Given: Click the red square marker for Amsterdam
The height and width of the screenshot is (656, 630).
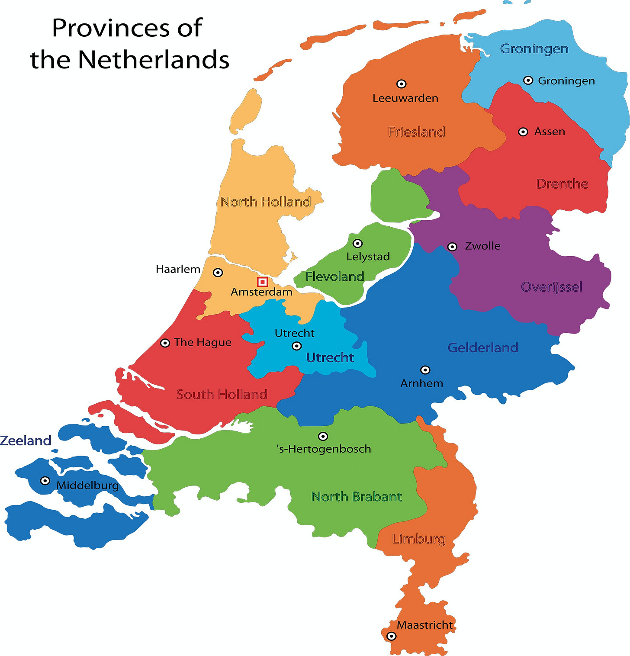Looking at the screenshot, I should point(262,282).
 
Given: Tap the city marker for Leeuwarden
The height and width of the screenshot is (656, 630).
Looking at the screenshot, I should point(402,84).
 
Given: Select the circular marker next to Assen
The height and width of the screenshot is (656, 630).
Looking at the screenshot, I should point(523,132).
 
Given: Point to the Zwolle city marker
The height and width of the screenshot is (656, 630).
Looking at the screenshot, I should point(452,247).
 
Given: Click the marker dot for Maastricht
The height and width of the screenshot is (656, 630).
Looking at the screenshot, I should point(391,636).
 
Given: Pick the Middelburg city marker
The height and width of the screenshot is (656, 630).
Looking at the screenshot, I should point(45,481).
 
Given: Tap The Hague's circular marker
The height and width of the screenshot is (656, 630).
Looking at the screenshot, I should point(165,343).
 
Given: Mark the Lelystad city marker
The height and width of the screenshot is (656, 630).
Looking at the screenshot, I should point(357,243).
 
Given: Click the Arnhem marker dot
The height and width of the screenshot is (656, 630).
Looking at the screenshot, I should point(425,370).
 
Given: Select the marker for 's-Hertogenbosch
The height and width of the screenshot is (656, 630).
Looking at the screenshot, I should point(323,436).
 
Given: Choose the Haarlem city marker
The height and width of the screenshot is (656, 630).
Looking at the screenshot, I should point(218,273).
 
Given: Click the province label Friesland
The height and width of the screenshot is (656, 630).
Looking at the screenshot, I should point(416,132).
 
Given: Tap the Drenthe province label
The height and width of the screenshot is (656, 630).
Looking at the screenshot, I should point(562,184).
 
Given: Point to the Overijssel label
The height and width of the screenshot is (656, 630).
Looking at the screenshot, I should point(552,287).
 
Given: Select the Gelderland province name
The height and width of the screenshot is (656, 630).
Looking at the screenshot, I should point(483,347).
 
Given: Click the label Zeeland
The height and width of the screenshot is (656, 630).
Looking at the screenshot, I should point(26,441).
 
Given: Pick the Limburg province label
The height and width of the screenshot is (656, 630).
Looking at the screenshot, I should point(418,539).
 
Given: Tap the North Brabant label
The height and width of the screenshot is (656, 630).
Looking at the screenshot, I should point(357,497).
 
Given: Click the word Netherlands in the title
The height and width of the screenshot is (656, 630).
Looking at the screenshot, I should point(154,59).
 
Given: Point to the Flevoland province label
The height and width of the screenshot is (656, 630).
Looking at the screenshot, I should point(334,277).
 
